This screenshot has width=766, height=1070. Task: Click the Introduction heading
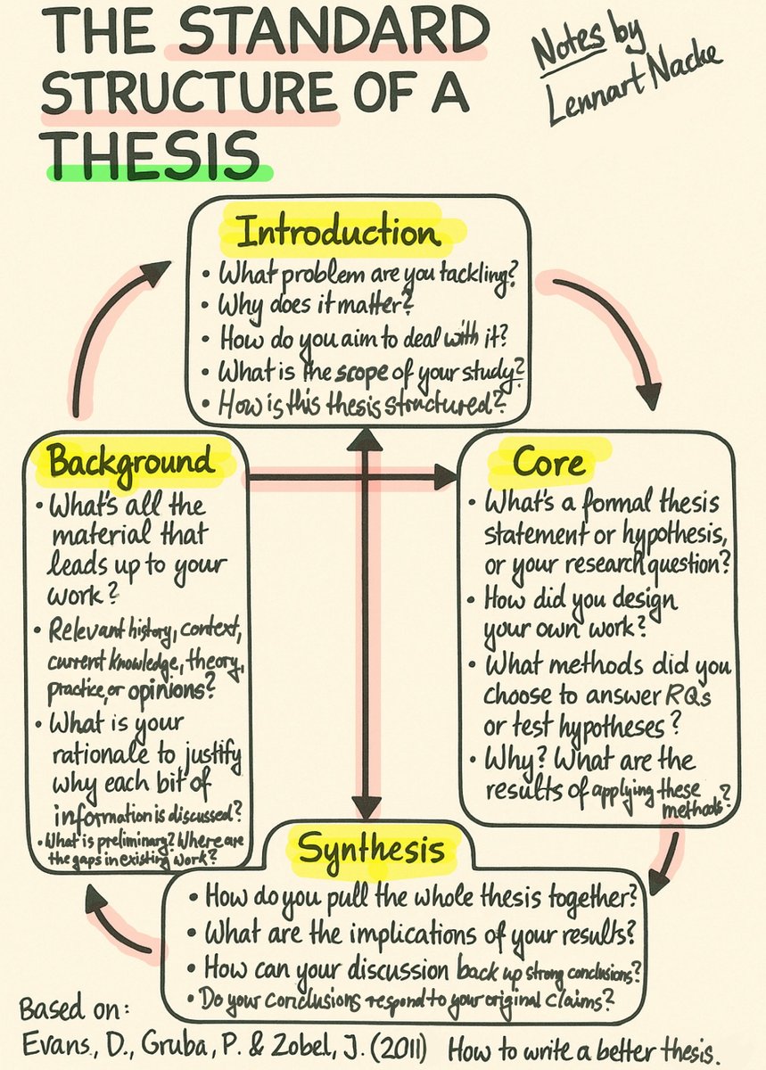[x=338, y=234]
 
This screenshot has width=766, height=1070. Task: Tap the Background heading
[x=131, y=462]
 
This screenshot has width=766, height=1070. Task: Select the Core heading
[x=549, y=462]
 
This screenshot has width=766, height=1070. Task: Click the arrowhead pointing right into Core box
[x=444, y=478]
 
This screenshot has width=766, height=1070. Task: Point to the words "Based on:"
[x=75, y=1012]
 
